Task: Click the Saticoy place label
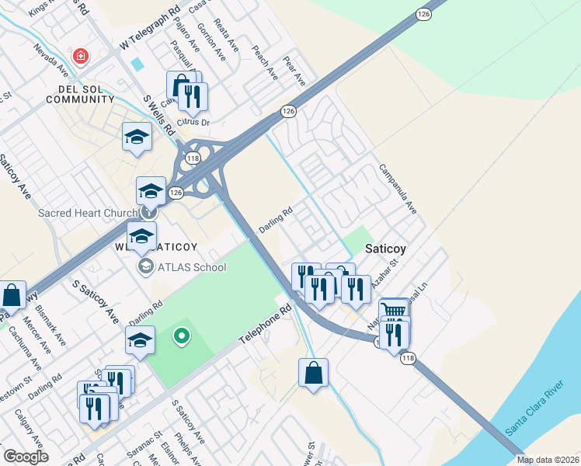click(387, 250)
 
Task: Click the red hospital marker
click(80, 56)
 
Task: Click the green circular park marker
click(181, 336)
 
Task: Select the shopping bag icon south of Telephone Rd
click(313, 372)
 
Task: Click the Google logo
click(26, 457)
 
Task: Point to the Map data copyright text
click(548, 460)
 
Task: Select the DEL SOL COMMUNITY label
click(75, 95)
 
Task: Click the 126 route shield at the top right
click(423, 14)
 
